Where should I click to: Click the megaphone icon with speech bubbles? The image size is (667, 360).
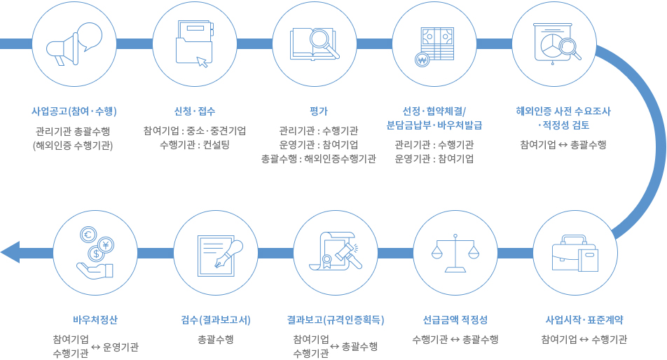coord(74,45)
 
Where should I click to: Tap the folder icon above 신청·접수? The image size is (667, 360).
coord(195,43)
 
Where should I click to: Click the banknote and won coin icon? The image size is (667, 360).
coord(435,45)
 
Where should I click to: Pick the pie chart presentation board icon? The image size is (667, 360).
coord(555,43)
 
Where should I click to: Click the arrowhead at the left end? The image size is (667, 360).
coord(11,251)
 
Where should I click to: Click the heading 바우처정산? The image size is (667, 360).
coord(95,319)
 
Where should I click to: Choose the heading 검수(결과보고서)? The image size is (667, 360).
coord(216,319)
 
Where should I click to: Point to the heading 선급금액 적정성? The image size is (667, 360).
coord(455,319)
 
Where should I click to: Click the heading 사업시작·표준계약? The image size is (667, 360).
coord(584,319)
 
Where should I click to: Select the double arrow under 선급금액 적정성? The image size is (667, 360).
coord(455,340)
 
